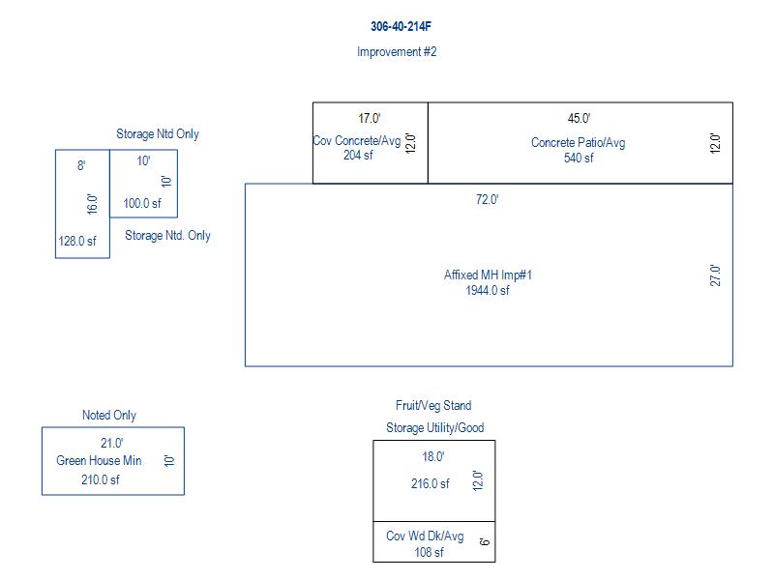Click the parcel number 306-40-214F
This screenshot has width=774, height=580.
401,26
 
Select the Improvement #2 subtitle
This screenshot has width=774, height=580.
397,52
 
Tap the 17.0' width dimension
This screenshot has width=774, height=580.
370,118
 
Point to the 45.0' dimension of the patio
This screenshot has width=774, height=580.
579,118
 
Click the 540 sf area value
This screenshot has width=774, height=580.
579,158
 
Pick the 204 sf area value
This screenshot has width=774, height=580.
358,155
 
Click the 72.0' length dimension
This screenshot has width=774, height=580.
488,199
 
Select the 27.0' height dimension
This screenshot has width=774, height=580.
715,275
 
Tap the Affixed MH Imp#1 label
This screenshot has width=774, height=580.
488,275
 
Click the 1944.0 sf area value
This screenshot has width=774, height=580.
488,291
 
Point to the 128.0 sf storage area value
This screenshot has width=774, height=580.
77,241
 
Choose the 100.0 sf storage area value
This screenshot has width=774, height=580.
142,203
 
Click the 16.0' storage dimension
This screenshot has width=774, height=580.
92,204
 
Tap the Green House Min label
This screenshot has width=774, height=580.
99,461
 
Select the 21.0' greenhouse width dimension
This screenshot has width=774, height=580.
112,443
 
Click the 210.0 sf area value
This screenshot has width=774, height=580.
101,479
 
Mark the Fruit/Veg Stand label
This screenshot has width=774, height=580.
433,405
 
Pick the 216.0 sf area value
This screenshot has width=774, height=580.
431,484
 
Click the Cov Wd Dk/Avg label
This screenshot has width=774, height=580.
425,536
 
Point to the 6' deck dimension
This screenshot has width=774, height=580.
485,541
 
